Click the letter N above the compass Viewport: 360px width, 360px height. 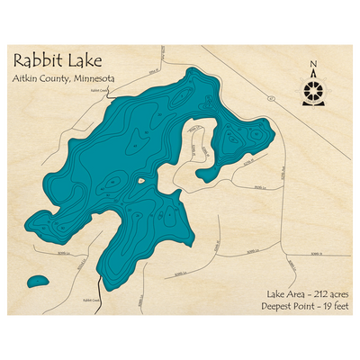point(313,64)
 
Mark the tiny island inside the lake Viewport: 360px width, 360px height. point(140,182)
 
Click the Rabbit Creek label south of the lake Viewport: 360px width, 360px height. point(93,300)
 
